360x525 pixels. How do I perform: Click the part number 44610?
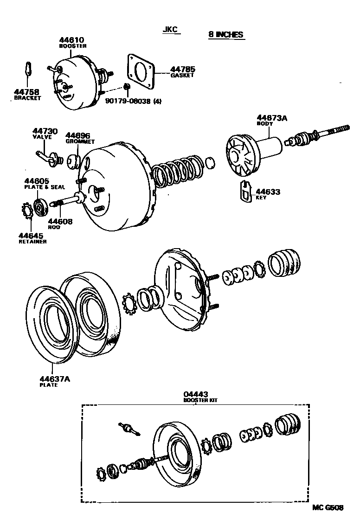71,41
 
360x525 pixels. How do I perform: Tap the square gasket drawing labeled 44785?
141,71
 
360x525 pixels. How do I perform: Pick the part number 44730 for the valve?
45,132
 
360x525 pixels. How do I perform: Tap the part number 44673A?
272,118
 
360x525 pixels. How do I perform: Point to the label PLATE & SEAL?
45,187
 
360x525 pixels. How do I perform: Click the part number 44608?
60,222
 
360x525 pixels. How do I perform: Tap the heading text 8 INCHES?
225,35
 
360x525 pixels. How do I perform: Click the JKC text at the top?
170,30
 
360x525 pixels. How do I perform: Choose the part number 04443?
195,395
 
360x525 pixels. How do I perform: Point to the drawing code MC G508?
328,507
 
